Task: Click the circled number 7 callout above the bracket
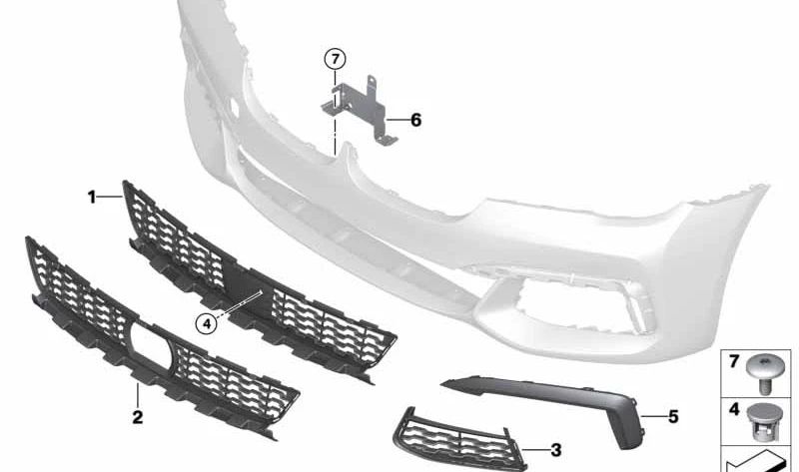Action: point(335,60)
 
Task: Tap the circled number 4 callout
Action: point(207,322)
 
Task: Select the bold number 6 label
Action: point(415,120)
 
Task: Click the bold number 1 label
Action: point(92,197)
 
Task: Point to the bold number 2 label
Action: point(138,417)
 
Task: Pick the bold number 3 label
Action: point(556,450)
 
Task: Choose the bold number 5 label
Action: point(673,417)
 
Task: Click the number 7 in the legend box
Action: point(734,361)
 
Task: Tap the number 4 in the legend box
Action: point(734,409)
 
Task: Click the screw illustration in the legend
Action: point(763,374)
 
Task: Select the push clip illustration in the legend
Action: point(763,421)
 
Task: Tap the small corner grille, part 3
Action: point(459,438)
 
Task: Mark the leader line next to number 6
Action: point(398,120)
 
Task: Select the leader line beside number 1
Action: point(111,197)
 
